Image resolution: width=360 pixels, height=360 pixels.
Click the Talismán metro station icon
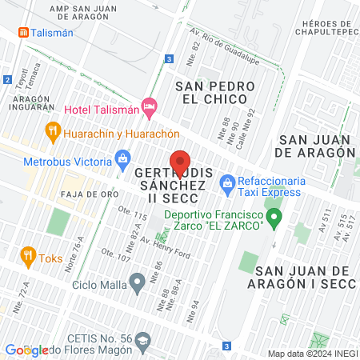tap(25, 33)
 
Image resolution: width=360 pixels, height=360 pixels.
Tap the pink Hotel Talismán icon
tap(148, 106)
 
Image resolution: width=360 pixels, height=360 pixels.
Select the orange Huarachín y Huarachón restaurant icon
tap(54, 130)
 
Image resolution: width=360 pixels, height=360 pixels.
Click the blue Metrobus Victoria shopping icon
tap(122, 159)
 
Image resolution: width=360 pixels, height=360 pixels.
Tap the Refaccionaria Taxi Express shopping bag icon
tap(228, 183)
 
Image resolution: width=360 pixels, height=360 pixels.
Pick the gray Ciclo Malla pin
tap(138, 281)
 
